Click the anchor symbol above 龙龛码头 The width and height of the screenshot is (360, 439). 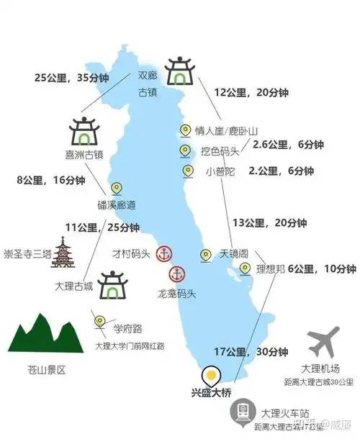[177, 273]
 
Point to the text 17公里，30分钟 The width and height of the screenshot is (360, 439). [252, 352]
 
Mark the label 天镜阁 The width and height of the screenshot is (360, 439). [235, 254]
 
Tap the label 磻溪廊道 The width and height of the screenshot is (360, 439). [116, 206]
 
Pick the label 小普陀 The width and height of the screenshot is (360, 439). [220, 171]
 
